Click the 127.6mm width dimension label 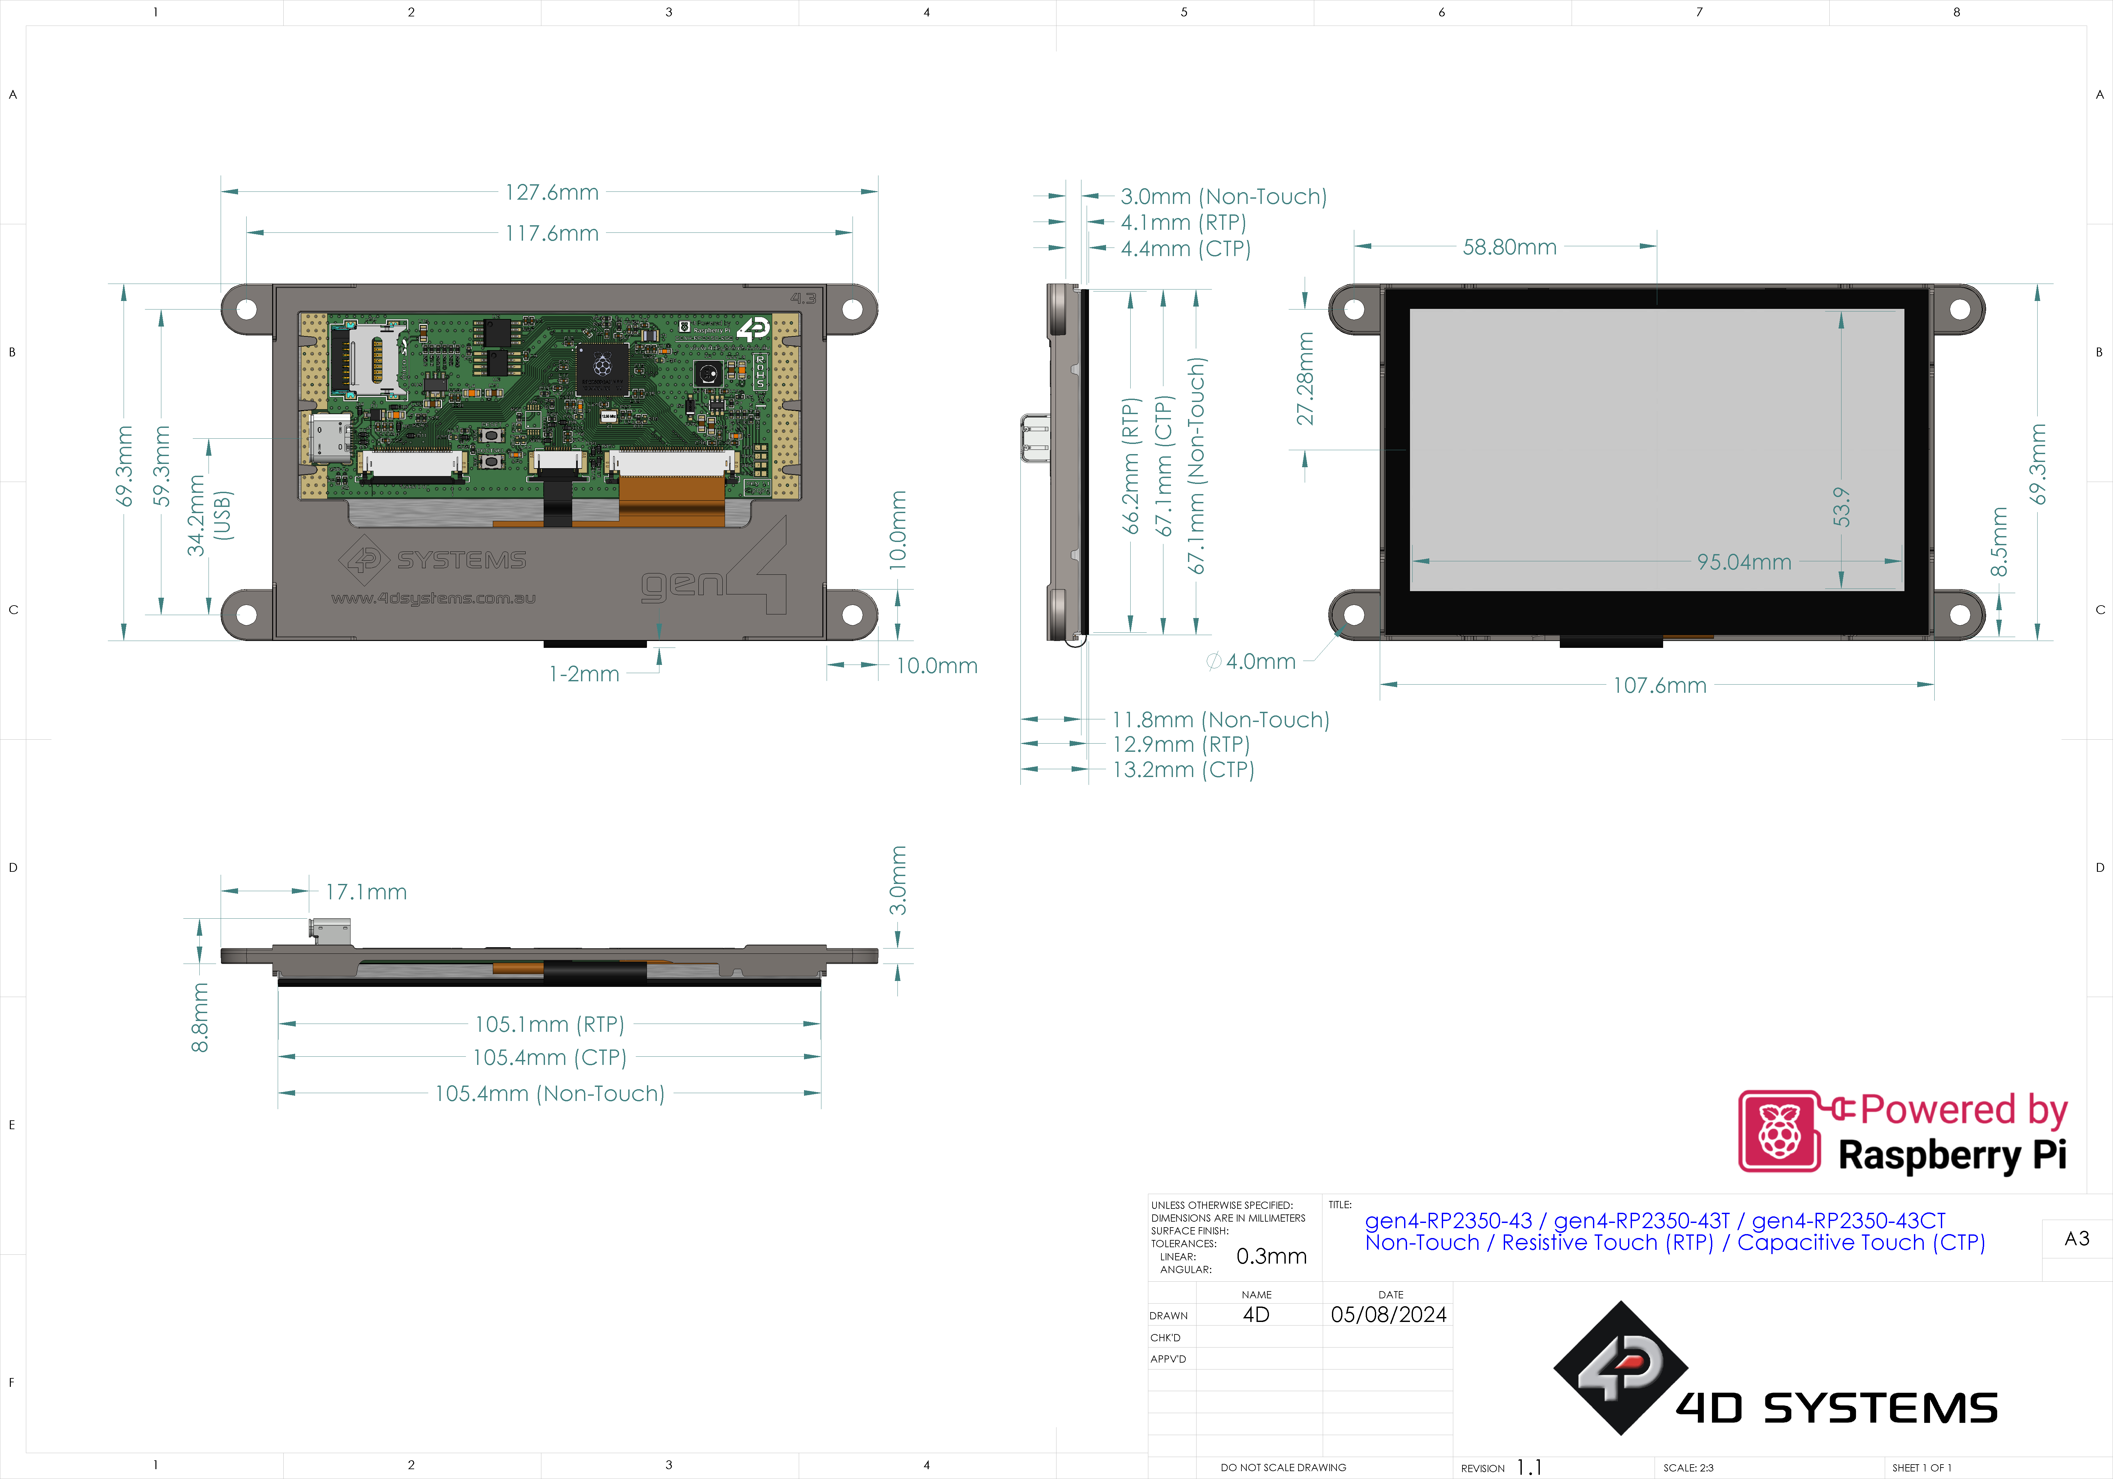click(x=551, y=192)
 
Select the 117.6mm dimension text click(x=551, y=234)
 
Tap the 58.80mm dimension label click(x=1509, y=248)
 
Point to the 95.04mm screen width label click(x=1744, y=562)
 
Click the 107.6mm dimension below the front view click(x=1659, y=686)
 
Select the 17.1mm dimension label click(x=365, y=892)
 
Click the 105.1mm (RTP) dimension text click(x=550, y=1024)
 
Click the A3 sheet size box click(x=2076, y=1239)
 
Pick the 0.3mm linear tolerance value click(x=1271, y=1256)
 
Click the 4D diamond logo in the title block click(x=1620, y=1368)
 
